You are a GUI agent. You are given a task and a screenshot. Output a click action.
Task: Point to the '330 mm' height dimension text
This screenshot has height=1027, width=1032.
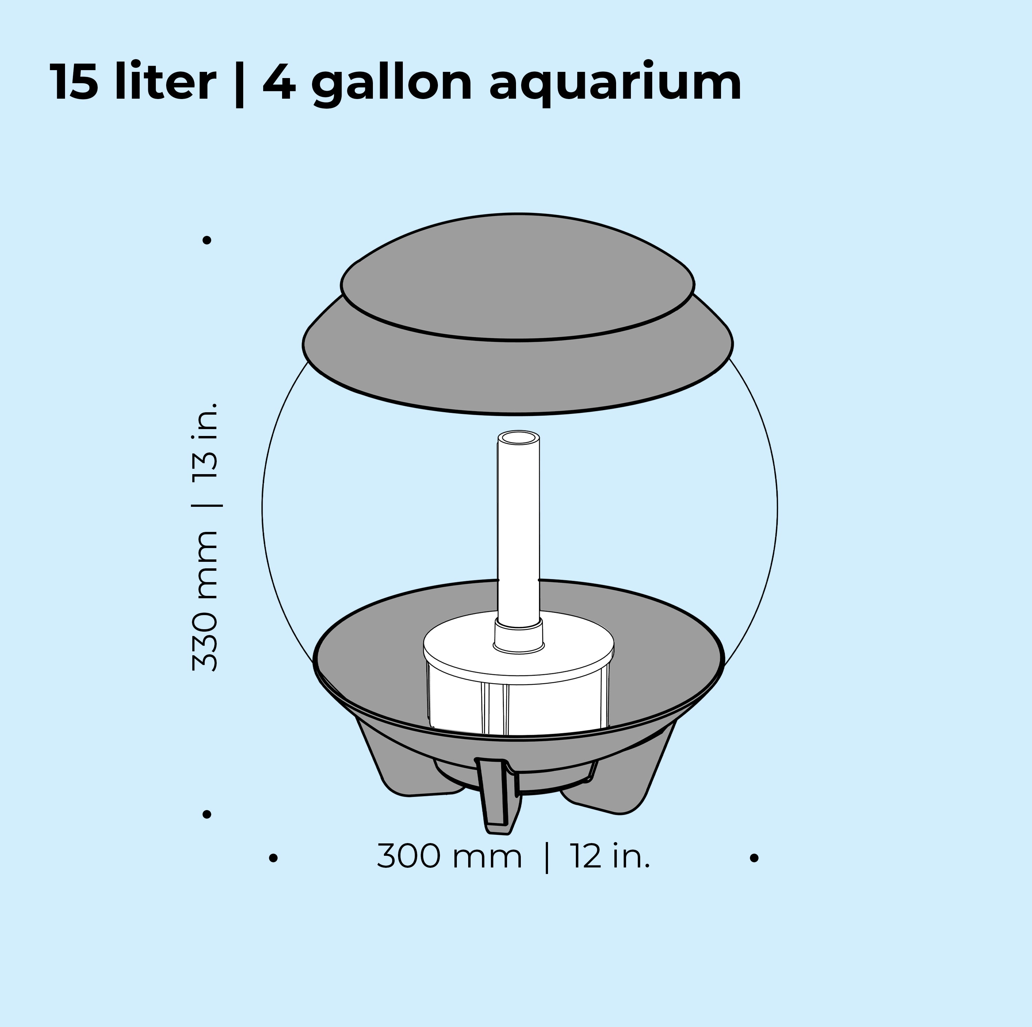click(205, 601)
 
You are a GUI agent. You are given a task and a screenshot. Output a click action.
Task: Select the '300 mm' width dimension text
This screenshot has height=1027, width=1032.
click(449, 857)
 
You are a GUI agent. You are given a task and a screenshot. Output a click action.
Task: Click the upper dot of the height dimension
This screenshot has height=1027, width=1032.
click(207, 240)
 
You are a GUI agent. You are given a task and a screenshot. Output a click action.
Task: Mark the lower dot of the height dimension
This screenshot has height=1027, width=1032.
click(207, 814)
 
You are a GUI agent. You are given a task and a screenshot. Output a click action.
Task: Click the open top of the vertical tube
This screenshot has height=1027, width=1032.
click(518, 438)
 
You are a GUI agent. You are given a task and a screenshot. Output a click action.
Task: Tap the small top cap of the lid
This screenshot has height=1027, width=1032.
click(517, 277)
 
